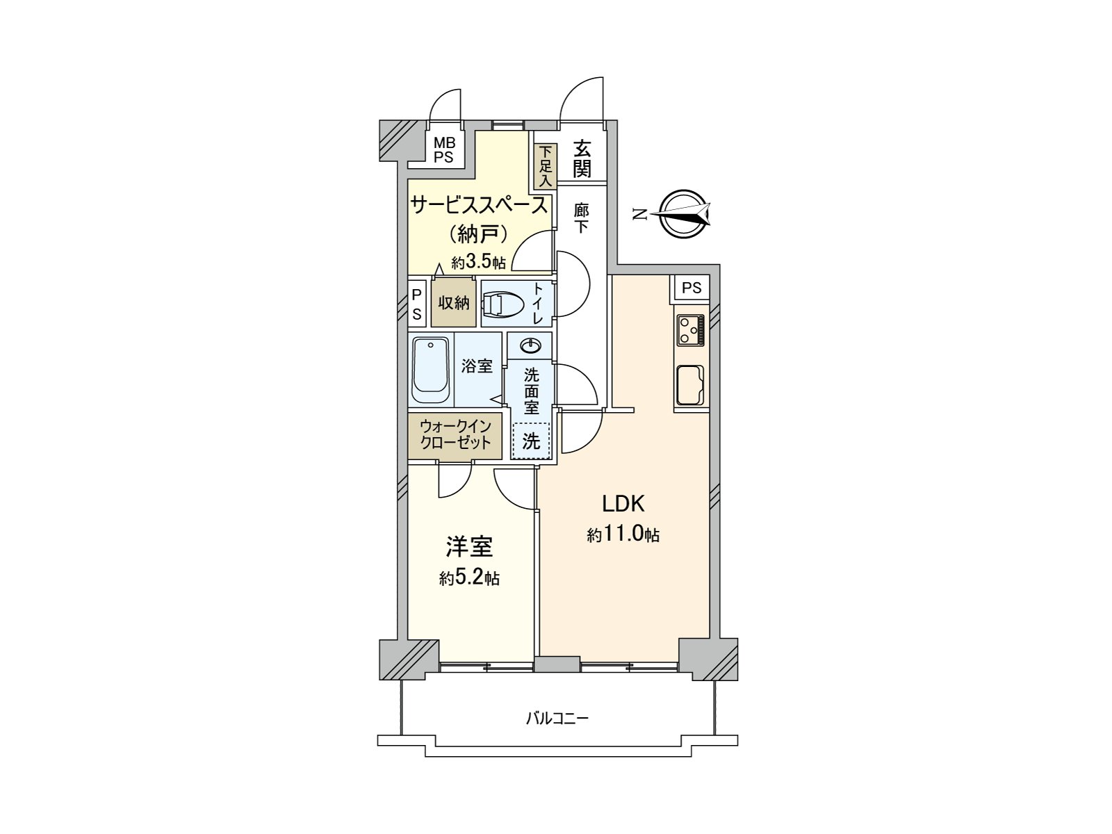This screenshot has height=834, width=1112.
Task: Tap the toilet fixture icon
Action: [x=501, y=304]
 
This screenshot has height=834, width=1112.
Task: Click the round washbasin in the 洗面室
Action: [x=530, y=344]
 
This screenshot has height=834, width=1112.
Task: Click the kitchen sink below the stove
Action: [x=689, y=384]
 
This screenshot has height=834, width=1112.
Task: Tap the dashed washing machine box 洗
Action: [x=531, y=441]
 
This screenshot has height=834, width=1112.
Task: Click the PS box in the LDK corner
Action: [x=691, y=288]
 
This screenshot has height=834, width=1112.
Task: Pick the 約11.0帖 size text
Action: [x=623, y=535]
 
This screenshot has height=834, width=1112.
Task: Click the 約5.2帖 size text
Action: [x=469, y=578]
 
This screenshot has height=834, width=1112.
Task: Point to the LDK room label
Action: [x=624, y=503]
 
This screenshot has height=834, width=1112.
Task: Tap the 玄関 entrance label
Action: [x=582, y=159]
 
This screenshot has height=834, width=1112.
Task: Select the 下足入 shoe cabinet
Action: [x=546, y=166]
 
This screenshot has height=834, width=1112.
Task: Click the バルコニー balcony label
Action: [x=557, y=718]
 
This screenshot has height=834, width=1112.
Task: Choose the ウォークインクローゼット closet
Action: [x=455, y=435]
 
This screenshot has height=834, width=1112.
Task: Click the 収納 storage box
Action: [x=453, y=303]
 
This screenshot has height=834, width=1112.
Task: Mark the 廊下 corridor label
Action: [x=582, y=218]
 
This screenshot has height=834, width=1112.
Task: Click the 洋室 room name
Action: [x=470, y=547]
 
